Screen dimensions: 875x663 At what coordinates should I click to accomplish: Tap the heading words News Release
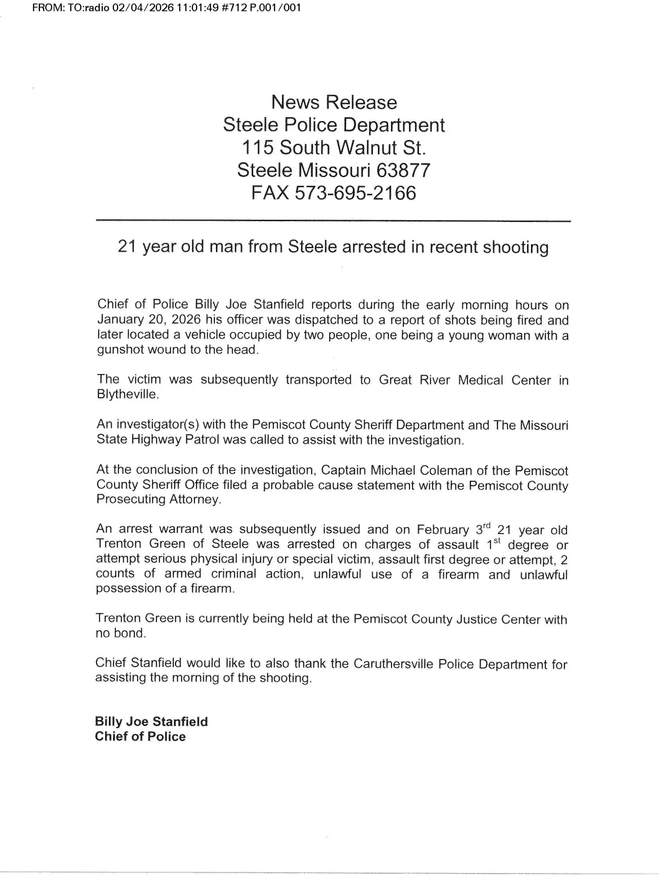tap(334, 102)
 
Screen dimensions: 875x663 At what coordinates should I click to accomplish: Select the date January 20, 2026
tap(149, 320)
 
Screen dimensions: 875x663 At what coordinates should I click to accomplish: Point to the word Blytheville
tap(127, 395)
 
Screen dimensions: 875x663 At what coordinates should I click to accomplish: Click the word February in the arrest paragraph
tap(442, 530)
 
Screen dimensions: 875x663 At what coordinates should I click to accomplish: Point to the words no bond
tap(121, 633)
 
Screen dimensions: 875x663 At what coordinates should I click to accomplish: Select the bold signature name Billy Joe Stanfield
tap(151, 721)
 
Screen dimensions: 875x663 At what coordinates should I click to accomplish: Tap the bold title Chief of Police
tap(140, 737)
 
